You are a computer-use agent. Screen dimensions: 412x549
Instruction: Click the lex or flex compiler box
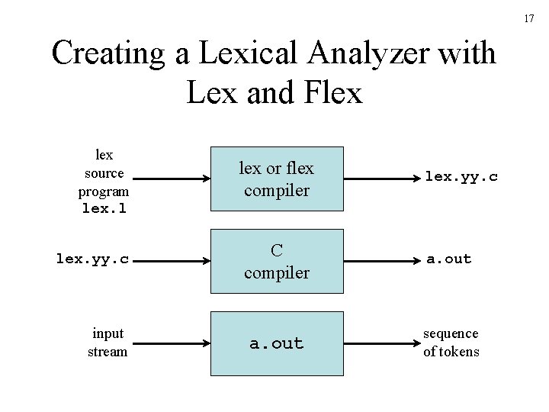pos(276,179)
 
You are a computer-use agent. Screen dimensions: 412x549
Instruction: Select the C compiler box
pos(276,260)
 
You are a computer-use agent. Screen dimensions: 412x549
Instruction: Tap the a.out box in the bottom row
pos(276,343)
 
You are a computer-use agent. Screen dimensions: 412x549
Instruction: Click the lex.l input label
pos(106,208)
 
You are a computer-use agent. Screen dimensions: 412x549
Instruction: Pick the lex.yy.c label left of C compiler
pos(93,259)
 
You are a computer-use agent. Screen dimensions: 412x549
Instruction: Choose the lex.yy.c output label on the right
pos(461,176)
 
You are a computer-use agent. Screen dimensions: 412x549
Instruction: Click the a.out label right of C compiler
pos(448,259)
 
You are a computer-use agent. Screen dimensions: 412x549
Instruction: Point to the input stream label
pos(108,343)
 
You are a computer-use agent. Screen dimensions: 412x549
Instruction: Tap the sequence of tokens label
pos(451,343)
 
